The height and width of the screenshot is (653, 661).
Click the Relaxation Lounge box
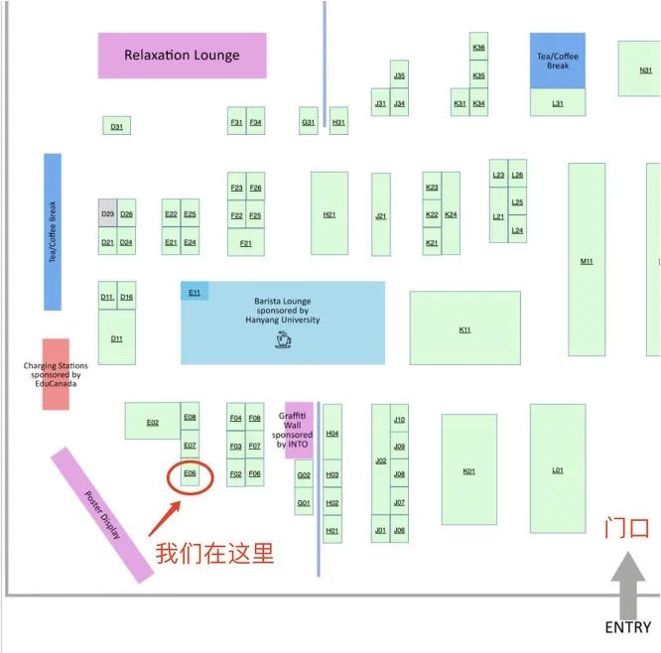click(182, 56)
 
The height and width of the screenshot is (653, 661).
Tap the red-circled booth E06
click(191, 475)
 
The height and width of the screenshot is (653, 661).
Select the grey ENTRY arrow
click(628, 585)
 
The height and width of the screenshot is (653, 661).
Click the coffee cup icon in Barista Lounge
click(283, 340)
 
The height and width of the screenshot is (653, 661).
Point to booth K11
click(464, 328)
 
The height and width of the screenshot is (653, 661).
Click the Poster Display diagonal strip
click(101, 515)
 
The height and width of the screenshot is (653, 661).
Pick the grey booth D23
click(107, 214)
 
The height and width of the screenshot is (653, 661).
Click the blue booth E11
click(195, 292)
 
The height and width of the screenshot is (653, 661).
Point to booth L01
click(557, 469)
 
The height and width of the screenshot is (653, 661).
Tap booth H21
click(330, 214)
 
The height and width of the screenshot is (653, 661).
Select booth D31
click(116, 126)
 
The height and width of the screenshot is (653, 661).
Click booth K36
click(479, 48)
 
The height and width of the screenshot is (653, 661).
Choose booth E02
click(152, 422)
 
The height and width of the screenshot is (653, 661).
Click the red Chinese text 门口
click(626, 528)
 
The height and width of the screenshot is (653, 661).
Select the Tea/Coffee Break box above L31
click(558, 61)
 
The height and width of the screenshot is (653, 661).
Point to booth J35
click(399, 75)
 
